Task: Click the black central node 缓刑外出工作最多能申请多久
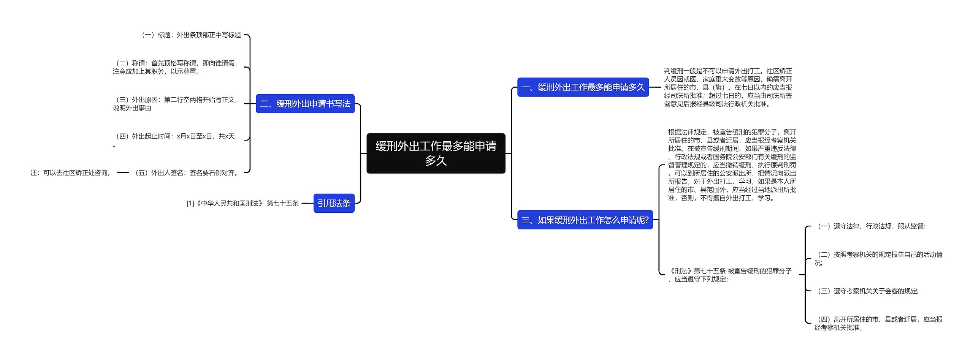point(436,153)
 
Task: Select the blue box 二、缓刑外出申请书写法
point(305,104)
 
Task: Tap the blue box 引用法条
point(334,203)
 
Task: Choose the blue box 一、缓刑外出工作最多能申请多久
point(583,87)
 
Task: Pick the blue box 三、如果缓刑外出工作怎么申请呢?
point(585,220)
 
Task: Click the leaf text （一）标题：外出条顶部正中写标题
point(191,35)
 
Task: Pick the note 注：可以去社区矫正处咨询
point(72,173)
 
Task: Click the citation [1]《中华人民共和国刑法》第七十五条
point(242,203)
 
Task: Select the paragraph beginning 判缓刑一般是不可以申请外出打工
point(728,87)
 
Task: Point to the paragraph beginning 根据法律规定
point(732,165)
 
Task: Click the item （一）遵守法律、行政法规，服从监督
point(870,226)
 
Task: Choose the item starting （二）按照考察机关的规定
point(878,259)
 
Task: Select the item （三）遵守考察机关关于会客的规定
point(867,291)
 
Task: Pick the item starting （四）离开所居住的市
point(878,324)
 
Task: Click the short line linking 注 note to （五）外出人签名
point(123,173)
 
